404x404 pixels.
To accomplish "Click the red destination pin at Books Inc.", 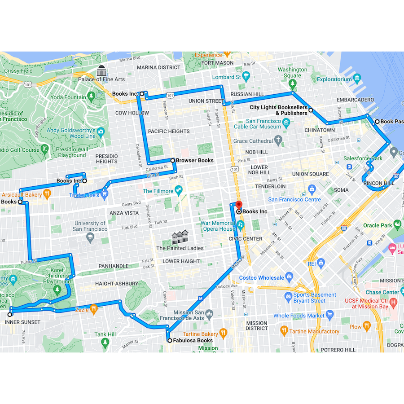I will click(239, 204).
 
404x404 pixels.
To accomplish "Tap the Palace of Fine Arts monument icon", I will click(101, 70).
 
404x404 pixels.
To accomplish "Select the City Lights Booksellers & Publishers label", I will click(279, 110).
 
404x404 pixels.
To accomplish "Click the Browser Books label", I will click(194, 160).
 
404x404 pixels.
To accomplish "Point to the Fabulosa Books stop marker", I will click(170, 341).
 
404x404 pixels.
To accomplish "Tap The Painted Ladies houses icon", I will click(180, 237).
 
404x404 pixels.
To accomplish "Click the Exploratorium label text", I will click(334, 79).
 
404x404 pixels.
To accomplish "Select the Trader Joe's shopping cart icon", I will click(105, 194).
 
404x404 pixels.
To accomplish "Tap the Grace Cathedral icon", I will click(279, 141).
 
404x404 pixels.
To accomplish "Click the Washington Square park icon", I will click(293, 83).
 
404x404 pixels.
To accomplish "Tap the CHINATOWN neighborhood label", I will click(320, 130).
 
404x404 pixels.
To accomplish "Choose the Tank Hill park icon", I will click(105, 342).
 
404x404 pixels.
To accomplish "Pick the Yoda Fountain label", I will click(69, 97).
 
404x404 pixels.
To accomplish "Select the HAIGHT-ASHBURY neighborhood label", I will click(116, 284).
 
